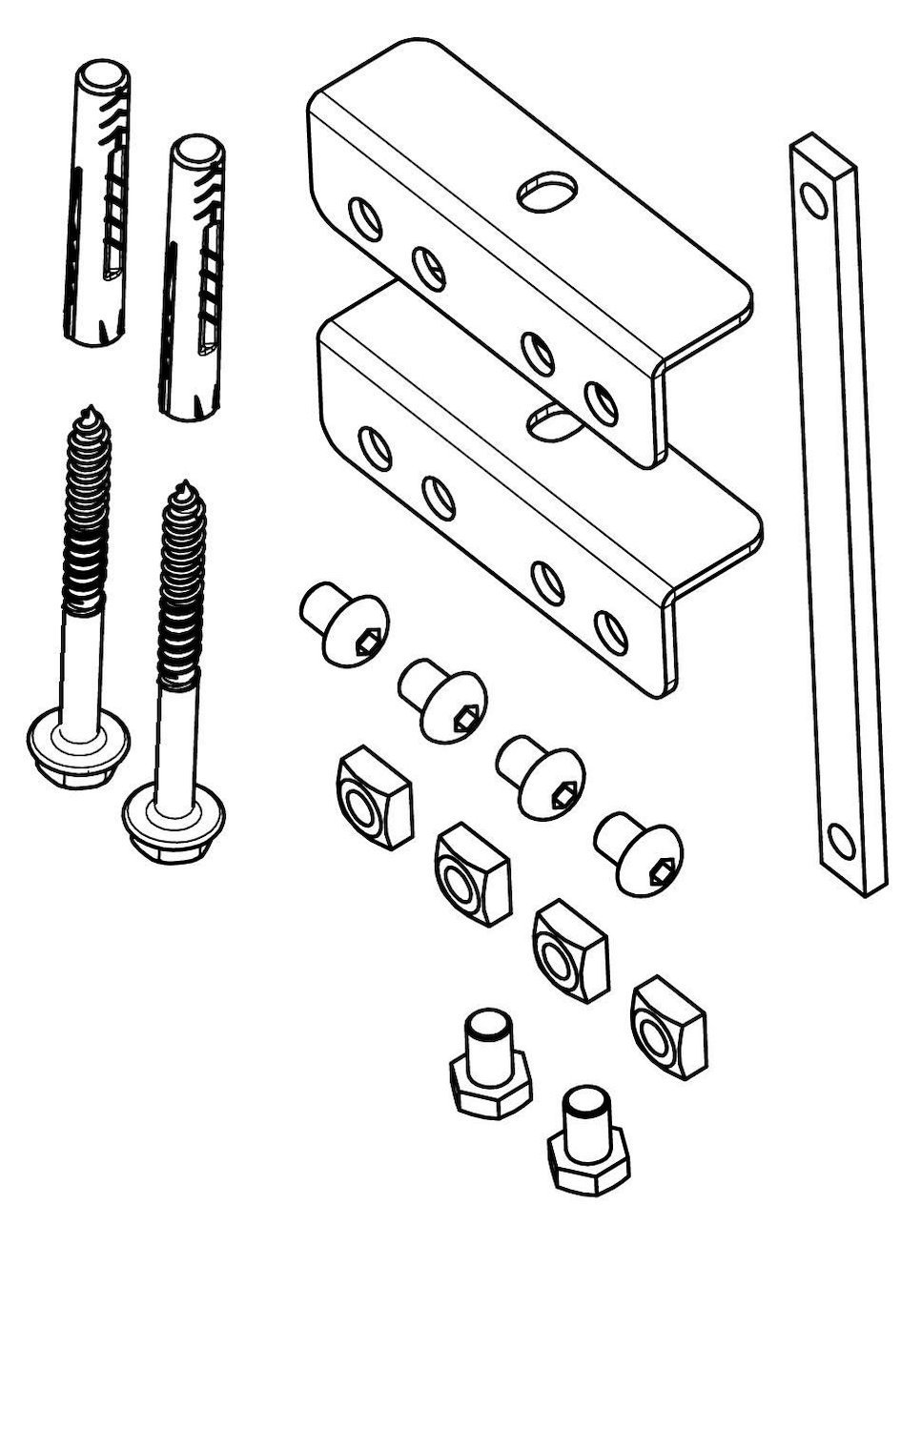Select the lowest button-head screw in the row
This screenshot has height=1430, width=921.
[638, 851]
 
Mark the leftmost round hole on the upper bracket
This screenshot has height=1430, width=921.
[365, 217]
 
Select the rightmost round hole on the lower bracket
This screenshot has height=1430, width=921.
[607, 630]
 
